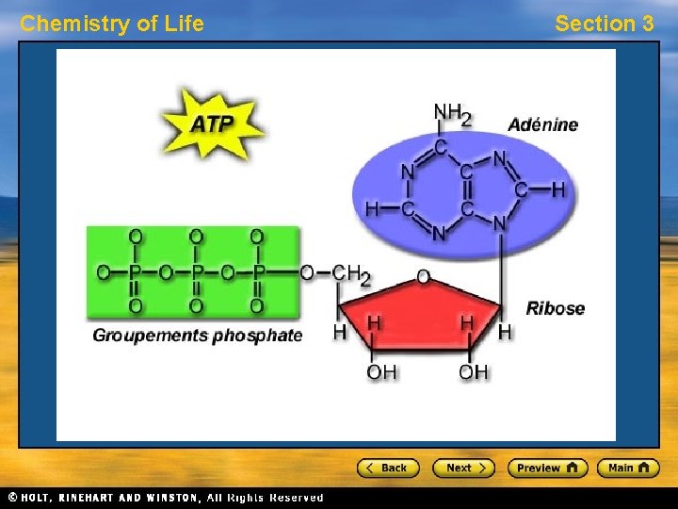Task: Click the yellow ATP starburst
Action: pos(213,123)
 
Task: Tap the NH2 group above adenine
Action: pos(452,113)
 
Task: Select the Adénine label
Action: pos(543,124)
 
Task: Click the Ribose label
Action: pos(555,308)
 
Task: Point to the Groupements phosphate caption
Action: pos(198,336)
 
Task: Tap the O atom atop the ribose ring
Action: pos(423,277)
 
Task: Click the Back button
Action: pos(387,468)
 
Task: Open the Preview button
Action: pos(547,468)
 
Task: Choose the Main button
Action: pos(628,468)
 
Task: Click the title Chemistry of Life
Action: pos(112,24)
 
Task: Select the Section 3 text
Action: pos(604,24)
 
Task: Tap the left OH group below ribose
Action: pos(381,372)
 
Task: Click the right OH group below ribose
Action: pos(474,372)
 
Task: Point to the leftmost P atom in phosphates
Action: pos(135,273)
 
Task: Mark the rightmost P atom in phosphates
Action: pos(257,273)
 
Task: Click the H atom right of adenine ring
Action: pos(558,190)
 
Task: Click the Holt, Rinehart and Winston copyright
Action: pos(166,498)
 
